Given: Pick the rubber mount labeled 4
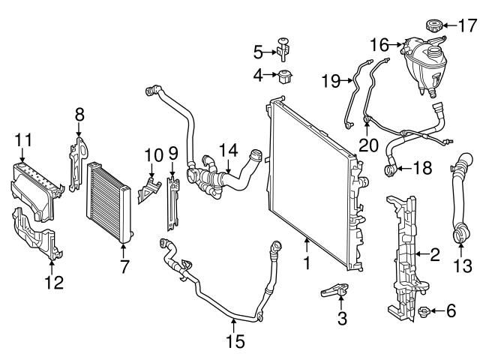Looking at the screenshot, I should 285,76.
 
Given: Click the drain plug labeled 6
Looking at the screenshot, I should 424,310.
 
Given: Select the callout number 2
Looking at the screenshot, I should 433,255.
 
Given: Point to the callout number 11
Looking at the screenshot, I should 23,139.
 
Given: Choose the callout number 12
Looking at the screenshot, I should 54,283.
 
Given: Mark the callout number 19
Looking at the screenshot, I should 330,79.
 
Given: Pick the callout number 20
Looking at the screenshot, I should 367,143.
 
